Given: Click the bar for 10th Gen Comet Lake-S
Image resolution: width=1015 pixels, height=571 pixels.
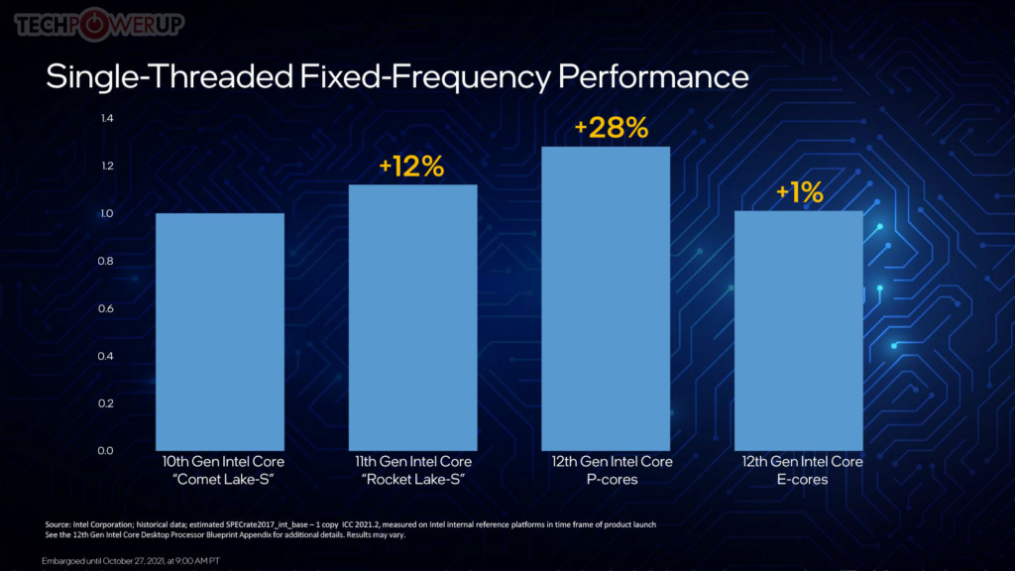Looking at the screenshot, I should [x=219, y=332].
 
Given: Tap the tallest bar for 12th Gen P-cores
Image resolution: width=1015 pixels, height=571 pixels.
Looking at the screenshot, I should [x=606, y=298].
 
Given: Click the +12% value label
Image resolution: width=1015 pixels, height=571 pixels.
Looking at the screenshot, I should [x=411, y=167].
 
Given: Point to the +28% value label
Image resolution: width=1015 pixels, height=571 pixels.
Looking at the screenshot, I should [x=612, y=128].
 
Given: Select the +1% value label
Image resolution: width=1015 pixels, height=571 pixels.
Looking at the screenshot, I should [x=799, y=192].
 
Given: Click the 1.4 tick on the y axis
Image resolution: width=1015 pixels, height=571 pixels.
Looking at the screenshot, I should [x=107, y=119].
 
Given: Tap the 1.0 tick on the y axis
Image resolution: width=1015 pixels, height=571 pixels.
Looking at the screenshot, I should [x=107, y=214].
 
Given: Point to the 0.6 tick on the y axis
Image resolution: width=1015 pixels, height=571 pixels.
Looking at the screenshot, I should [x=107, y=308].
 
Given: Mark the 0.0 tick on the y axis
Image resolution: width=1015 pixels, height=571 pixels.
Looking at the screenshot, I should [x=107, y=451].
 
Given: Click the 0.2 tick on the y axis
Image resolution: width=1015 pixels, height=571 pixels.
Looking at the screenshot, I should [x=107, y=403].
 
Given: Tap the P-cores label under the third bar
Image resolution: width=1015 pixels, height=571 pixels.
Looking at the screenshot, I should [x=612, y=480].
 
